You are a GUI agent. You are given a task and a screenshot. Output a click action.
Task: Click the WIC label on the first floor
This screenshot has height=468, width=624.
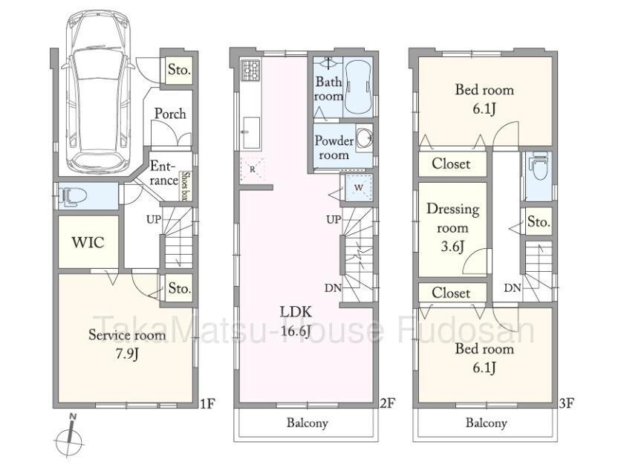pyautogui.click(x=88, y=242)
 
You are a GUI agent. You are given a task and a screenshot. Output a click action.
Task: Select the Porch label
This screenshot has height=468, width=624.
pyautogui.click(x=170, y=114)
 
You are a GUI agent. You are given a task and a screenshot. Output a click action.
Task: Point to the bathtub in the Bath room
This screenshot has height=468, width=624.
pyautogui.click(x=358, y=87)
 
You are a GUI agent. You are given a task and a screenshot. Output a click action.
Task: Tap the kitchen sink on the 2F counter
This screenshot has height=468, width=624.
pyautogui.click(x=251, y=132)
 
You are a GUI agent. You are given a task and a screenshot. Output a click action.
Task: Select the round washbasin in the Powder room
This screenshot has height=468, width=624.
pyautogui.click(x=363, y=138)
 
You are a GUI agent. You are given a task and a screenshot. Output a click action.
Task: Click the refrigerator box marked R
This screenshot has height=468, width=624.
pyautogui.click(x=253, y=169)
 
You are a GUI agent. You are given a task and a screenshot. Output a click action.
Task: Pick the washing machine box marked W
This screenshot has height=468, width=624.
pyautogui.click(x=359, y=187)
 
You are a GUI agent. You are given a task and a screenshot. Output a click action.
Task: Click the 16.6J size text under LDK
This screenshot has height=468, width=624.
pyautogui.click(x=296, y=331)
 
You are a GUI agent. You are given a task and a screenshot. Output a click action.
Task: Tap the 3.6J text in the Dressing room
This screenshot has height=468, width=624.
pyautogui.click(x=452, y=247)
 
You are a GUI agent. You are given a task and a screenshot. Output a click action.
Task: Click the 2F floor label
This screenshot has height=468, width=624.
pyautogui.click(x=386, y=403)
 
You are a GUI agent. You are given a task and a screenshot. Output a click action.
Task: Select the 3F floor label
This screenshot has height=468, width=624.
pyautogui.click(x=566, y=403)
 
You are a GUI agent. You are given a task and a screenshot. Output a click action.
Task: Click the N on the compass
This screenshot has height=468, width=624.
pyautogui.click(x=73, y=417)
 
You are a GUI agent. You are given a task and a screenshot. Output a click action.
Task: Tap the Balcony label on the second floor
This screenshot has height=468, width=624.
pyautogui.click(x=308, y=423)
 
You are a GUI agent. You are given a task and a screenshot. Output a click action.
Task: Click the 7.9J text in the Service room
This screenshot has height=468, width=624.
pyautogui.click(x=127, y=353)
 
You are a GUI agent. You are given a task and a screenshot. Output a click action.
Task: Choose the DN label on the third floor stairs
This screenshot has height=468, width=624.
pyautogui.click(x=513, y=287)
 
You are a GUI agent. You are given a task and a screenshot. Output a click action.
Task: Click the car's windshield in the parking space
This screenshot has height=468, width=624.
pyautogui.click(x=98, y=64)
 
